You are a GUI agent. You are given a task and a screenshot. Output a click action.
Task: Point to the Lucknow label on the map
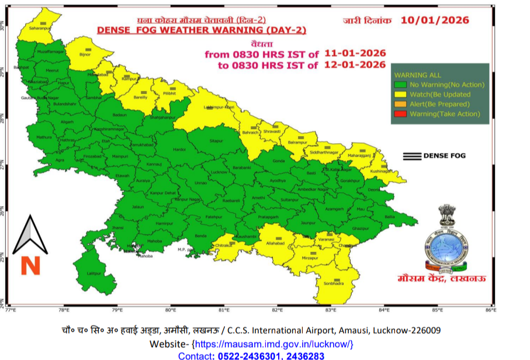click(x=220, y=172)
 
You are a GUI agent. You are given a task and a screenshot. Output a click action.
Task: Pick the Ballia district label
click(x=389, y=217)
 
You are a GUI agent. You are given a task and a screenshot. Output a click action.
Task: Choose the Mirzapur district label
click(x=310, y=257)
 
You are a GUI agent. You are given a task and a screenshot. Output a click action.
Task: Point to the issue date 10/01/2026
click(x=435, y=20)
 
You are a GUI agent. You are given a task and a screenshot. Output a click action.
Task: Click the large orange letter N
click(x=30, y=265)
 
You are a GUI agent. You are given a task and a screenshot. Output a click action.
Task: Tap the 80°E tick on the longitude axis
click(x=171, y=310)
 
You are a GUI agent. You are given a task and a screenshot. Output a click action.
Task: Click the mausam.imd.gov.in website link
click(x=273, y=344)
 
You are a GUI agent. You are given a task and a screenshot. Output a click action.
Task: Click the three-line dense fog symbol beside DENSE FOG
click(x=412, y=155)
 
